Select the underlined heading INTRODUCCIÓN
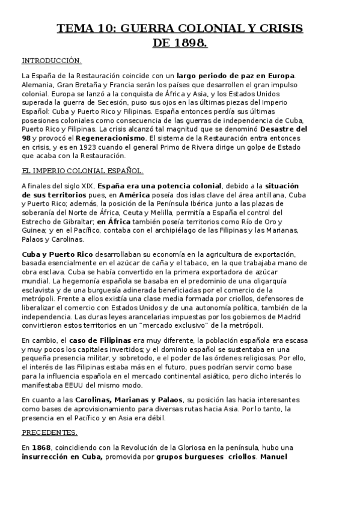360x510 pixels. pos(51,61)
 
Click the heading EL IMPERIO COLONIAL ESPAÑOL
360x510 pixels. pos(82,171)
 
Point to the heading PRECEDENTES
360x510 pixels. pos(49,432)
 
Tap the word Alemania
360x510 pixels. pos(37,85)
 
